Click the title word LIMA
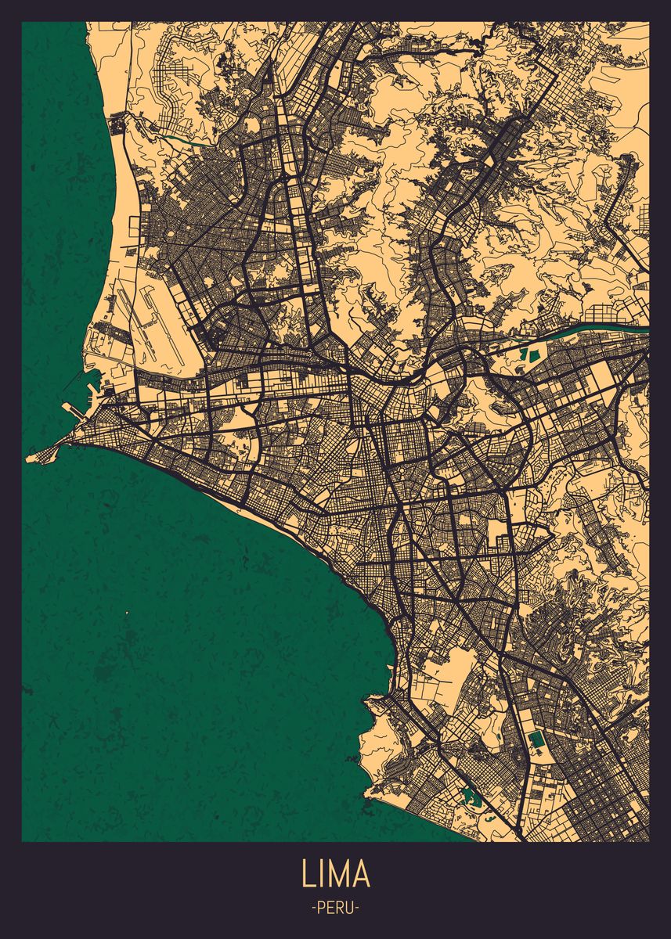click(335, 874)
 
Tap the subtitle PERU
click(335, 908)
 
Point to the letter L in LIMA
click(306, 874)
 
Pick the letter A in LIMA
click(361, 874)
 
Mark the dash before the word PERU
click(313, 908)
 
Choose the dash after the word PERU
click(358, 908)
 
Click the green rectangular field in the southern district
click(537, 739)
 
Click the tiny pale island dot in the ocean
click(127, 612)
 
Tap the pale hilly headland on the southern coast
click(384, 732)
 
